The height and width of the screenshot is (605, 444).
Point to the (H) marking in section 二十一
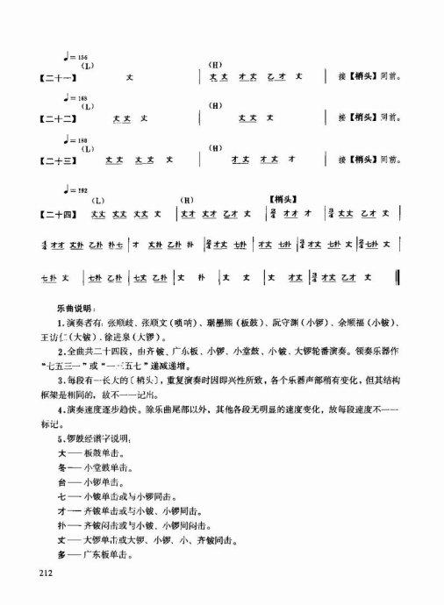218,67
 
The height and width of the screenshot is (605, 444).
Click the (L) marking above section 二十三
87,147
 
